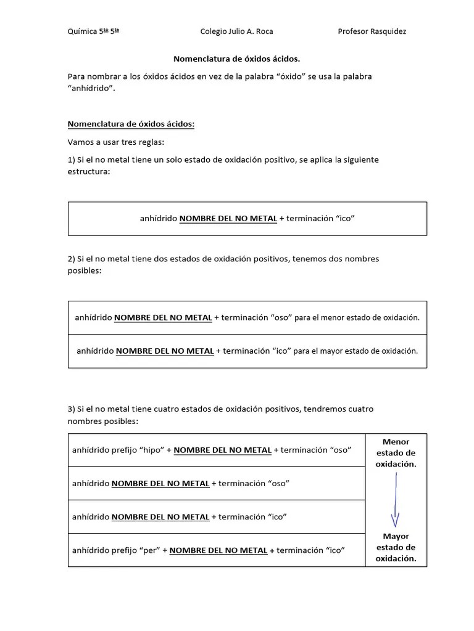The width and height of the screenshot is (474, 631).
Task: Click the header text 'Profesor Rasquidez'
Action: click(372, 31)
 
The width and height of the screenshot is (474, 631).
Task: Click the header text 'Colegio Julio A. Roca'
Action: click(237, 31)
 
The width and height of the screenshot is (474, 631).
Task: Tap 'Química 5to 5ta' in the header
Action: click(93, 31)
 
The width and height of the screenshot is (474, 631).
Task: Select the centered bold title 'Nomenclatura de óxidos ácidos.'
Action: click(236, 59)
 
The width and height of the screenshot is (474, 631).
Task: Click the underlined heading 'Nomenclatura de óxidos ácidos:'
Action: click(131, 124)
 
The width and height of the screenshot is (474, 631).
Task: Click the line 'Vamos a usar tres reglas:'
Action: click(116, 142)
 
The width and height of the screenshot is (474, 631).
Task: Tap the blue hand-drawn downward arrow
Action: click(395, 500)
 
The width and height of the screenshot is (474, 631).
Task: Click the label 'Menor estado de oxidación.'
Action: click(396, 453)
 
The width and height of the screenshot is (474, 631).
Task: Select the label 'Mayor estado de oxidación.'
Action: click(396, 548)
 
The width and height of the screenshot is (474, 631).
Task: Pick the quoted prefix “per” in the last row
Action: click(151, 550)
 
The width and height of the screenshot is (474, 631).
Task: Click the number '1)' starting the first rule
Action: click(71, 160)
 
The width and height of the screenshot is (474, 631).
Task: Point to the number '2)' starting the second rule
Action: click(71, 259)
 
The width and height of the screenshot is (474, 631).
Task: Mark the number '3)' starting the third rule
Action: click(71, 409)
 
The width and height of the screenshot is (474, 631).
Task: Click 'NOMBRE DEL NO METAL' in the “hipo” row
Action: click(222, 450)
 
